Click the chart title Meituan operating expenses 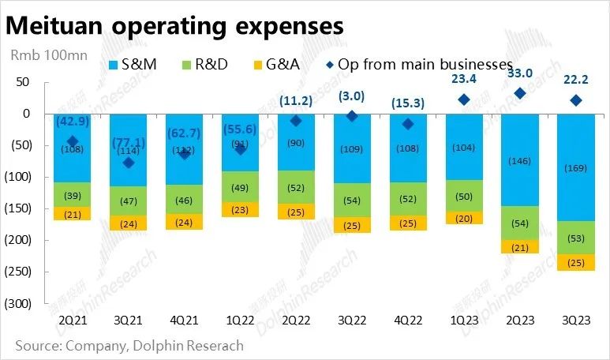click(175, 25)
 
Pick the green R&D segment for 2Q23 click(520, 223)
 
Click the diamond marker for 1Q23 click(464, 99)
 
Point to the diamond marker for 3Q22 click(352, 116)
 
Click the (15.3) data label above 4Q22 click(408, 103)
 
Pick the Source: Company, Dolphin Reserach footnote click(129, 346)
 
